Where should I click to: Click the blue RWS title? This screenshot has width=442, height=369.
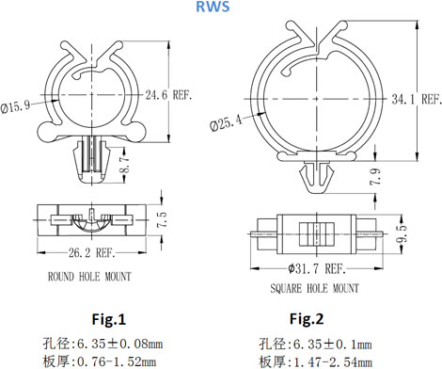213,7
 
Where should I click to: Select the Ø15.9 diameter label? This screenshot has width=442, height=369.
15,106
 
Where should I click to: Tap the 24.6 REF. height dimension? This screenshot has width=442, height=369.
168,94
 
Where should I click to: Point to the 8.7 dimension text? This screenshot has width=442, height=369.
125,165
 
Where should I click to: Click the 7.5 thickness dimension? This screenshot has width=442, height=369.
163,219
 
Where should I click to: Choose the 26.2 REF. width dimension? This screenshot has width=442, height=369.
92,252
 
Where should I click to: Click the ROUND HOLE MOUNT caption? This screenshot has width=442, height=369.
89,277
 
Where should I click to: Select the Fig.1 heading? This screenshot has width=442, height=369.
108,319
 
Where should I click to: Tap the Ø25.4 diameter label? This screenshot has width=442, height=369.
226,122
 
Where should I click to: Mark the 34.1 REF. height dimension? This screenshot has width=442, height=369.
417,99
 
